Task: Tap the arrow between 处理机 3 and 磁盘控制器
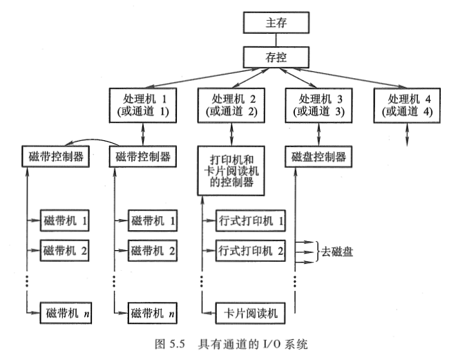coord(318,133)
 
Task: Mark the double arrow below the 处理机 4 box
coord(408,133)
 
